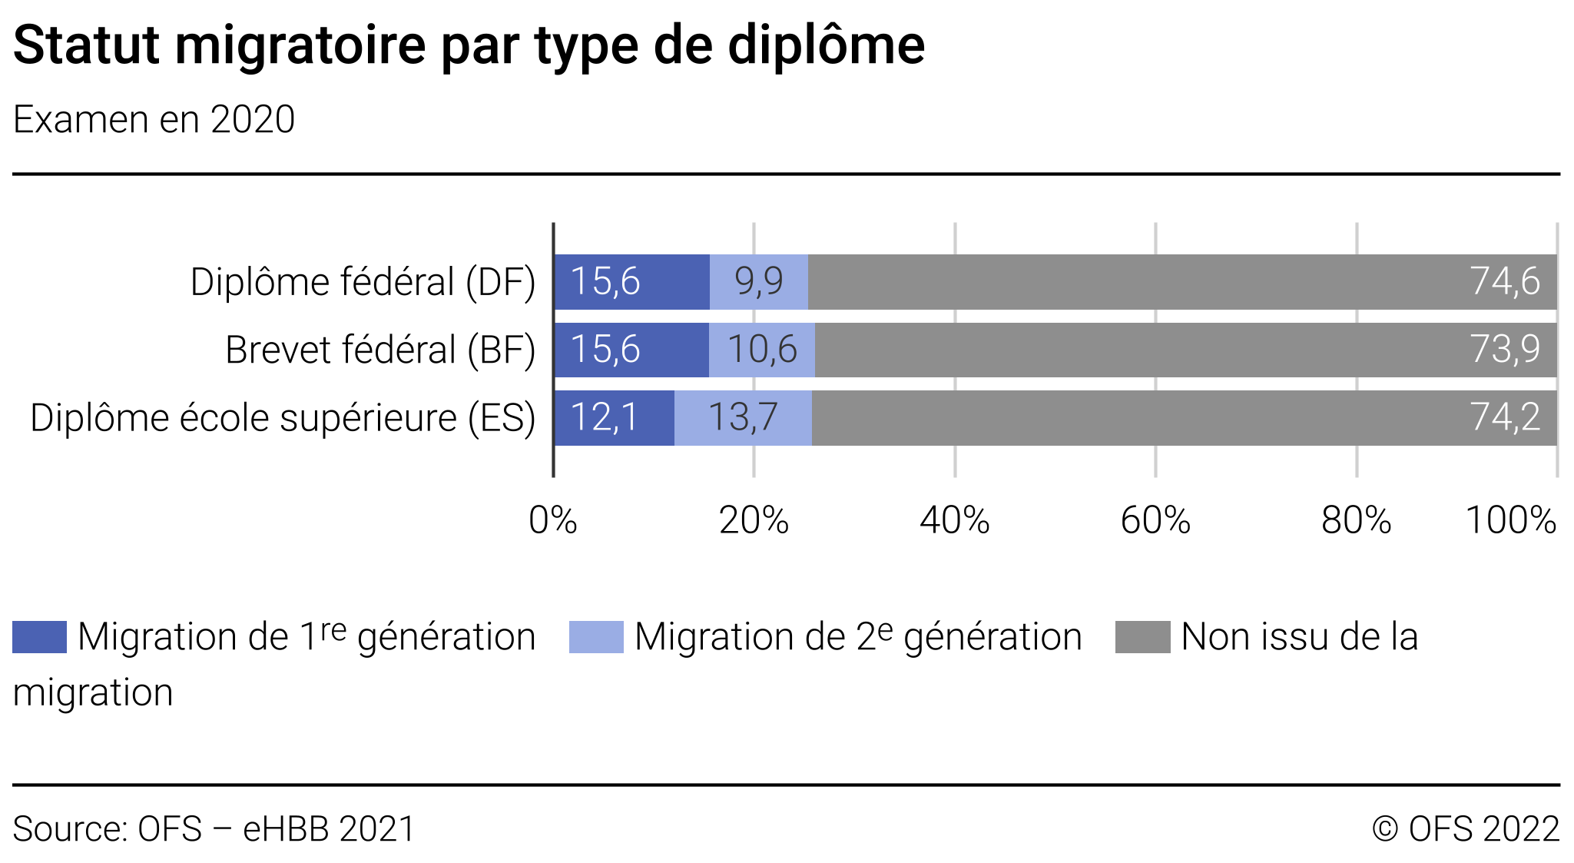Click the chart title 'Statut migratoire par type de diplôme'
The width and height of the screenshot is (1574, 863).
tap(469, 46)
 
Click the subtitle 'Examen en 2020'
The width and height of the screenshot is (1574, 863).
tap(154, 120)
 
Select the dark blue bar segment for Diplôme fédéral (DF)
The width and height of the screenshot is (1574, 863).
tap(631, 282)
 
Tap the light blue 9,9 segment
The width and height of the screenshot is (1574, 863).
tap(759, 282)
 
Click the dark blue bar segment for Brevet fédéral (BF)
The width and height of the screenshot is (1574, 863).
tap(631, 350)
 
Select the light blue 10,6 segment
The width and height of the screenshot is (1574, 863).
tap(762, 350)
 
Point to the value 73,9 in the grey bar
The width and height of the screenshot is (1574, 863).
tap(1505, 350)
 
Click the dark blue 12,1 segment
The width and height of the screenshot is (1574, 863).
tap(614, 418)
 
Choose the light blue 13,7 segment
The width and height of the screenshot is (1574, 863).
tap(743, 418)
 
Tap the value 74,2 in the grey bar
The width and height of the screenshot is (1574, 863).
tap(1505, 418)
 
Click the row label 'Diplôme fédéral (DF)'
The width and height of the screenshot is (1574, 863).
tap(363, 282)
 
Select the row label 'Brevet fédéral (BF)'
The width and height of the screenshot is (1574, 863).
tap(380, 350)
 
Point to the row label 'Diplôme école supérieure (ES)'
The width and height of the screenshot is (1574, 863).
tap(283, 418)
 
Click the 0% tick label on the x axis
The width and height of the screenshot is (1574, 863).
tap(553, 520)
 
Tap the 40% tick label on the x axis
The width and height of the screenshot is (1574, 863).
tap(955, 520)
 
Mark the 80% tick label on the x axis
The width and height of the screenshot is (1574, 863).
tap(1357, 520)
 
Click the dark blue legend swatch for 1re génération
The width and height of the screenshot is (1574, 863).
tap(40, 637)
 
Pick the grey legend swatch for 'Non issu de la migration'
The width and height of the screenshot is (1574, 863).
tap(1142, 637)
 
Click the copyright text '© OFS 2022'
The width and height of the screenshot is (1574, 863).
tap(1466, 829)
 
